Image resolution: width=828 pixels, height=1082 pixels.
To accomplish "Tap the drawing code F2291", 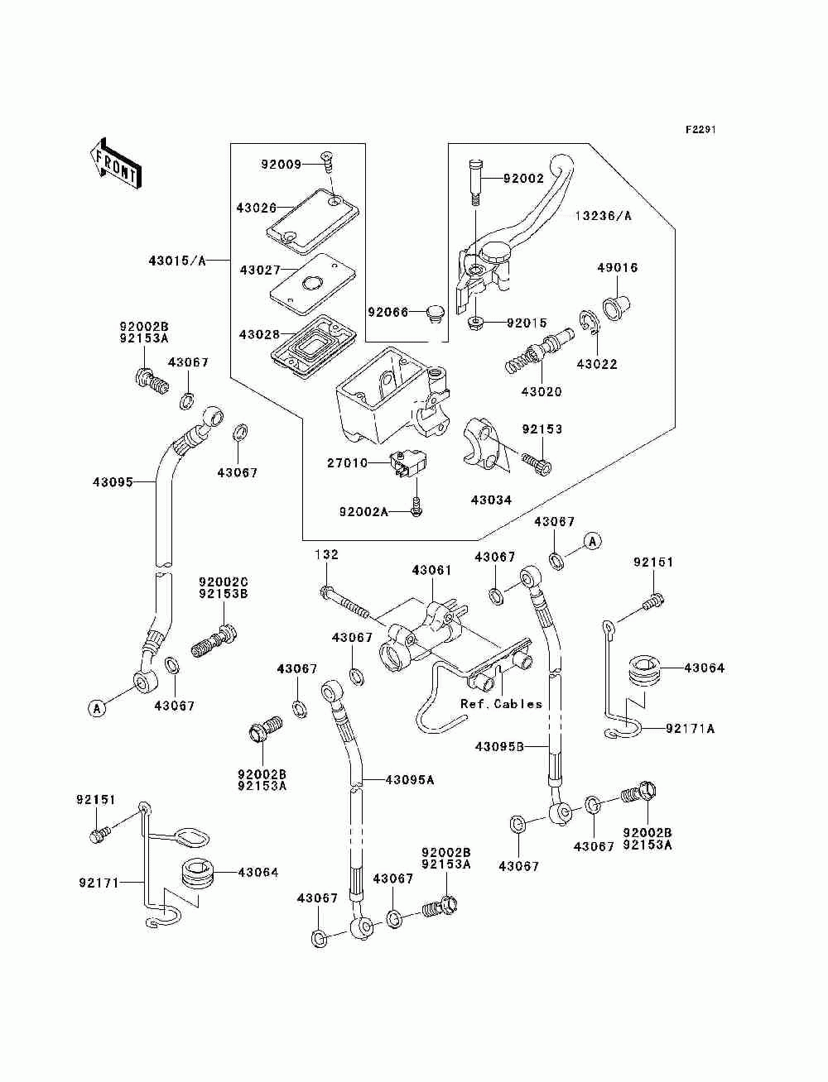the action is pyautogui.click(x=700, y=130).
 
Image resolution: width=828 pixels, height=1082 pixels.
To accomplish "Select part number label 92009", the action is pyautogui.click(x=281, y=164).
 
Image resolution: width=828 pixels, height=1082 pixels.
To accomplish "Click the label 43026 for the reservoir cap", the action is pyautogui.click(x=256, y=208).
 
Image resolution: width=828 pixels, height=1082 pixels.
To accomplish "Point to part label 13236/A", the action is pyautogui.click(x=603, y=216).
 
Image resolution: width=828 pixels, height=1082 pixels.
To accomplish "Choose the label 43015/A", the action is pyautogui.click(x=177, y=261).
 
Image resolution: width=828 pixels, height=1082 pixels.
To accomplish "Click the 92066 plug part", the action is pyautogui.click(x=435, y=314).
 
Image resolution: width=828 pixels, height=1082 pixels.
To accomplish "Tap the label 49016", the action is pyautogui.click(x=618, y=268).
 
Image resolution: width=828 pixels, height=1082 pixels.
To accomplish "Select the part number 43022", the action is pyautogui.click(x=597, y=364).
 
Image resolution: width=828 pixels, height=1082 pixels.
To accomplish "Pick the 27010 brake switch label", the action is pyautogui.click(x=348, y=463).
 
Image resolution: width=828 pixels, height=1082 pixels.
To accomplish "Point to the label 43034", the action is pyautogui.click(x=491, y=500).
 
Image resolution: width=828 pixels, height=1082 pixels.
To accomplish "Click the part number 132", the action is pyautogui.click(x=327, y=554).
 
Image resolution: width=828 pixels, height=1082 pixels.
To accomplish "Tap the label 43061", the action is pyautogui.click(x=431, y=570).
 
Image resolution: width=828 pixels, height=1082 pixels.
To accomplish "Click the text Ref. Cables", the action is pyautogui.click(x=501, y=704).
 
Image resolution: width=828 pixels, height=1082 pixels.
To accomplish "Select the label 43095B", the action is pyautogui.click(x=499, y=747).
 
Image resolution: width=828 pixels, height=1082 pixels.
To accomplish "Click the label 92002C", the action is pyautogui.click(x=224, y=582).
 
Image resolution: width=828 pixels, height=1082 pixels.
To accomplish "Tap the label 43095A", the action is pyautogui.click(x=410, y=780).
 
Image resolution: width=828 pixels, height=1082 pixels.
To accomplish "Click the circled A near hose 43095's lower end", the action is pyautogui.click(x=97, y=709).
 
